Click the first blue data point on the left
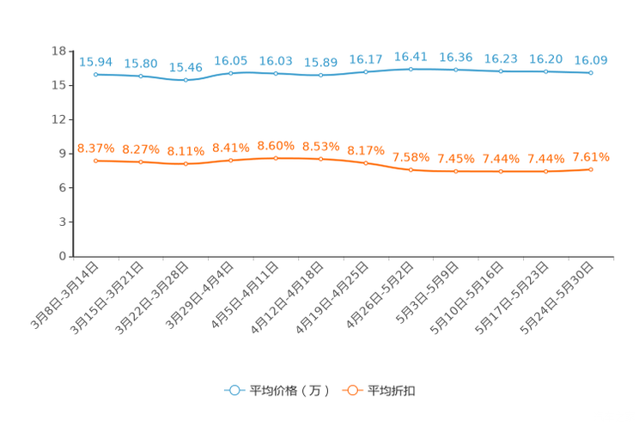point(95,74)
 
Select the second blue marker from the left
point(141,76)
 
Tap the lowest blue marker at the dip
point(186,80)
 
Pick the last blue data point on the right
point(591,73)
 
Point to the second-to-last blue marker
point(545,71)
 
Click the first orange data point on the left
point(95,161)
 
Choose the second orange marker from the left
point(141,161)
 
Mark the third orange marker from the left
point(186,163)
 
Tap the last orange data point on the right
point(591,169)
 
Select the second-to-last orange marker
point(545,172)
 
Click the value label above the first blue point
point(95,62)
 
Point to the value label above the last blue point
point(591,60)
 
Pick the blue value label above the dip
point(186,67)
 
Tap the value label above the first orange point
point(95,149)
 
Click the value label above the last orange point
point(591,156)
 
